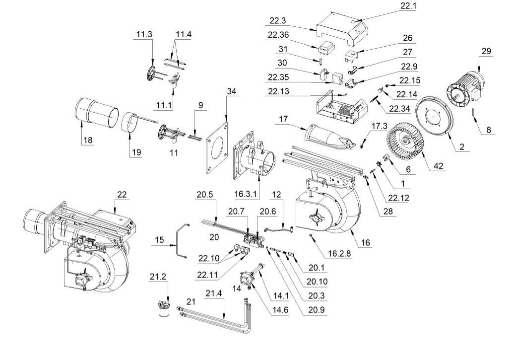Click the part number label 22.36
point(278,35)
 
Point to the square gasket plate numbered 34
point(217,147)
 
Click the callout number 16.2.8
point(339,253)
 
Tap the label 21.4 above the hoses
point(213,293)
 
